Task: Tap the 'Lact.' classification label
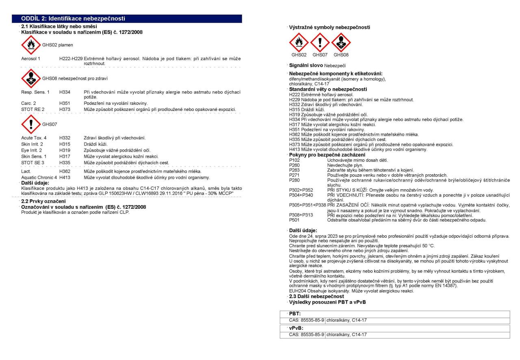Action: [x=26, y=171]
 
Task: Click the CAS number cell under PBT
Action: [x=307, y=320]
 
